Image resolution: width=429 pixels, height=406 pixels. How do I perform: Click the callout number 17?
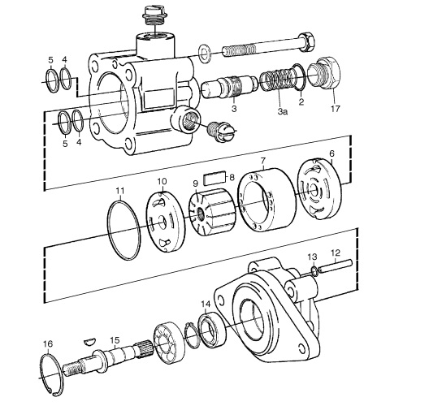pos(335,109)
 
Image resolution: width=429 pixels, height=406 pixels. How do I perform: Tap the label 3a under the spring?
pos(283,111)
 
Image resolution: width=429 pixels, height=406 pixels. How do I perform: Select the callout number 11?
pos(120,190)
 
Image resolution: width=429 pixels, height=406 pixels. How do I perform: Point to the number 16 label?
pos(48,343)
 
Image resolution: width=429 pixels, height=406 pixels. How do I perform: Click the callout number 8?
pos(232,178)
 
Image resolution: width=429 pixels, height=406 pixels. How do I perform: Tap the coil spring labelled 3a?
pos(278,80)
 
